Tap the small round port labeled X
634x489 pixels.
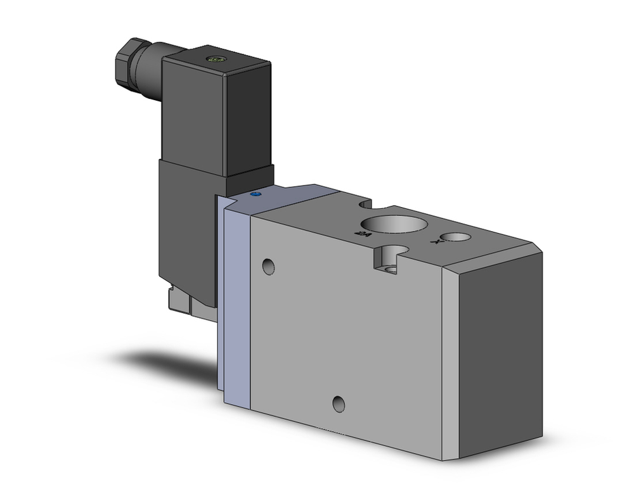click(456, 237)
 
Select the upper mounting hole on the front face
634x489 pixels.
click(269, 267)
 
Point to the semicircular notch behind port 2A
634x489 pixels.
click(364, 204)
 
